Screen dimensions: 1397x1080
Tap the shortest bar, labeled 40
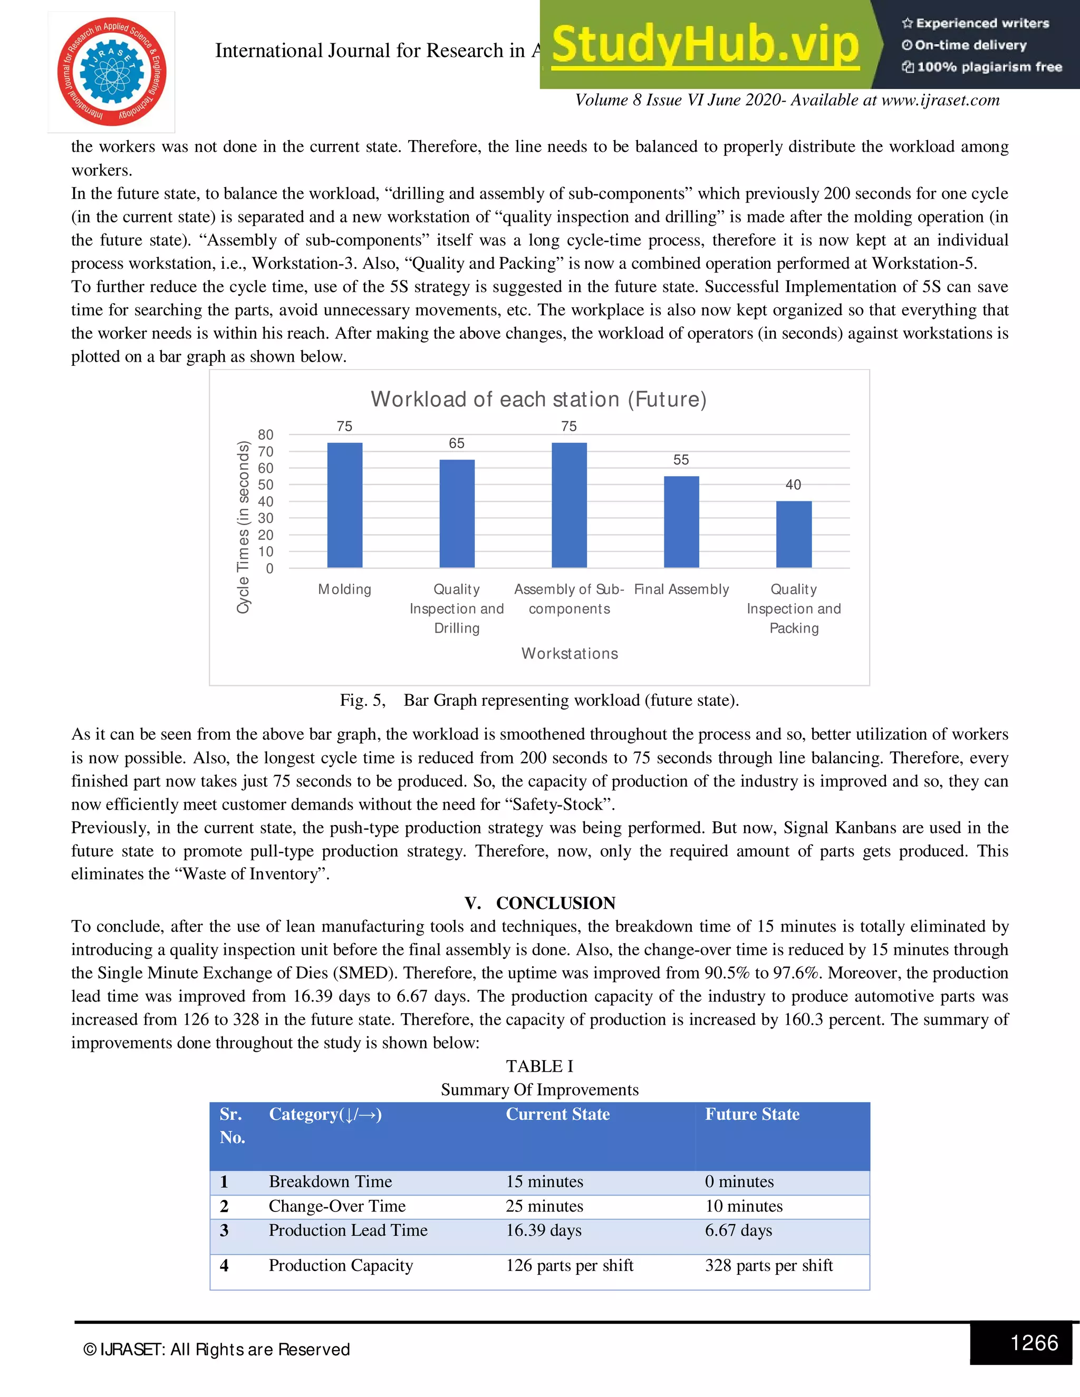793,534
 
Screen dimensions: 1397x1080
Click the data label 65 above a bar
456,443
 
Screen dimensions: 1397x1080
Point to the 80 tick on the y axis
266,435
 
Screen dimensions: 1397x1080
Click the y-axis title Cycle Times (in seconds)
243,527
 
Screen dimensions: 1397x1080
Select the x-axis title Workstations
570,653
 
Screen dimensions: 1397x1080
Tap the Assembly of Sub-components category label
569,599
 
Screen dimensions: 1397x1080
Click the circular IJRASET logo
112,72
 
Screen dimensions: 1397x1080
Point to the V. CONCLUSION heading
539,903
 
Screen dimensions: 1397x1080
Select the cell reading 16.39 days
544,1230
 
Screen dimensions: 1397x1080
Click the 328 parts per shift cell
768,1265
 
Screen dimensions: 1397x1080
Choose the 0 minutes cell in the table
739,1181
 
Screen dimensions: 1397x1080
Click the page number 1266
1034,1342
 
